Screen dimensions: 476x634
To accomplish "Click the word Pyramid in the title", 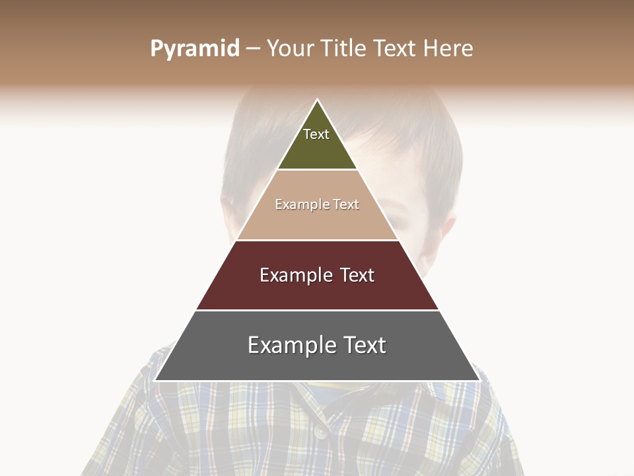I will pyautogui.click(x=195, y=49).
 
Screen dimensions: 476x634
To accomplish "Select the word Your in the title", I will pyautogui.click(x=290, y=49).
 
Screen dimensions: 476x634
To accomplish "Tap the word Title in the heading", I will pyautogui.click(x=344, y=49).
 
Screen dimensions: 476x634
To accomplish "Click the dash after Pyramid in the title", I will pyautogui.click(x=253, y=49).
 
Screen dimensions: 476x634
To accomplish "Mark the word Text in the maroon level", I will pyautogui.click(x=357, y=275).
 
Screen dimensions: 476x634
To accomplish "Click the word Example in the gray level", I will pyautogui.click(x=291, y=345).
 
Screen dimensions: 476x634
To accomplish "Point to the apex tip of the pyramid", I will pyautogui.click(x=317, y=100).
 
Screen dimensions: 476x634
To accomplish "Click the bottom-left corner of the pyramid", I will pyautogui.click(x=155, y=380).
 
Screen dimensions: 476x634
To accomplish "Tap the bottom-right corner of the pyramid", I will pyautogui.click(x=479, y=380).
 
